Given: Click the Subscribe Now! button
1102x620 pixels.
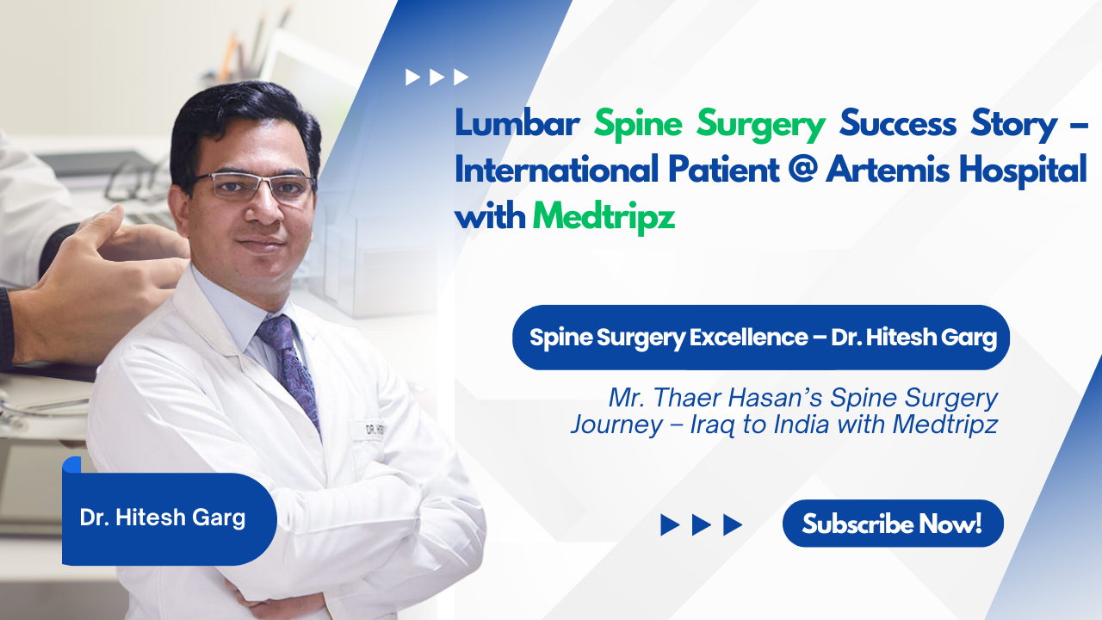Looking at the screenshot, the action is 893,524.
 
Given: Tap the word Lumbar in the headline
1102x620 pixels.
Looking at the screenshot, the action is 517,123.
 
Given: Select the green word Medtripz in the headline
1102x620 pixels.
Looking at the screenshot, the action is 604,216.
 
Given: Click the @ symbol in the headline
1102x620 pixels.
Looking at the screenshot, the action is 802,169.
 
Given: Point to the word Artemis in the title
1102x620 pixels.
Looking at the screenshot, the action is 887,169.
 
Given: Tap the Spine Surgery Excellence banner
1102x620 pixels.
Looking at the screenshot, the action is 760,338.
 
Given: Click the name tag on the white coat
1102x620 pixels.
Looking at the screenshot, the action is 373,430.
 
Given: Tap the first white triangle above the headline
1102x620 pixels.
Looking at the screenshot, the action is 412,77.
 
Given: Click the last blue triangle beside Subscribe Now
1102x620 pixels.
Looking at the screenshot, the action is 733,525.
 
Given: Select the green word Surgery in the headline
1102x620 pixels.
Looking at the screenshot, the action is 760,125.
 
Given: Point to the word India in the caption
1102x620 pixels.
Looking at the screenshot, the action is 801,425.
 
